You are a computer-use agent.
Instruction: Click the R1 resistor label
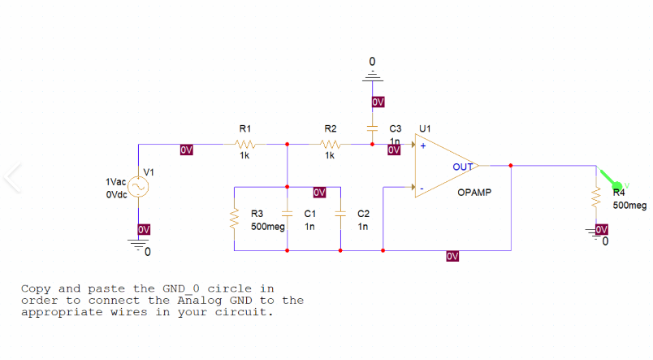244,128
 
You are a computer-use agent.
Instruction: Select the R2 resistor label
330,128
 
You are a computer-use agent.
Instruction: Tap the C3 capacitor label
396,128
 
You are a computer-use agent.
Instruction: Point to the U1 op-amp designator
425,128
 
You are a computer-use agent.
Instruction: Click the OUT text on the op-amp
463,167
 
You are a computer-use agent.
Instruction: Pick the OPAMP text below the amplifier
474,193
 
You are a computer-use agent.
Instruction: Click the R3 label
257,213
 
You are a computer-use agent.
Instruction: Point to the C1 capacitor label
309,213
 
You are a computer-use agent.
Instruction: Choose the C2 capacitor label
363,213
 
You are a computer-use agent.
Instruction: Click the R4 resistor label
619,193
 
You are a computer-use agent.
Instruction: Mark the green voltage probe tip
616,186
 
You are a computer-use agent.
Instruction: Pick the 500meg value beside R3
268,227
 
